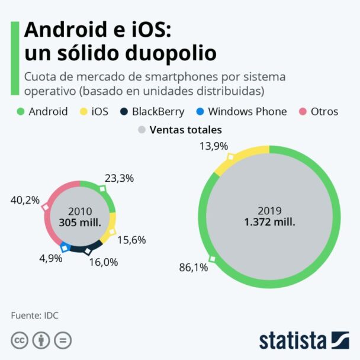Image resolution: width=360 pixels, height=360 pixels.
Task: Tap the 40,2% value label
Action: click(25, 200)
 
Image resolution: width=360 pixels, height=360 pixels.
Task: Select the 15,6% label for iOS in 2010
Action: click(131, 240)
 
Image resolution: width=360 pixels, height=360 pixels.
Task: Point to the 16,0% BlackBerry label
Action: click(104, 261)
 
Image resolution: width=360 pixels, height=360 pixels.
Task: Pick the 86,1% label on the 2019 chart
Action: click(193, 268)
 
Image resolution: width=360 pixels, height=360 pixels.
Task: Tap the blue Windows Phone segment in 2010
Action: click(65, 247)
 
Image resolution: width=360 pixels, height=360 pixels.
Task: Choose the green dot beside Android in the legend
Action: click(20, 111)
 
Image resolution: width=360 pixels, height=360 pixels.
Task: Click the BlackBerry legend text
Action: click(158, 111)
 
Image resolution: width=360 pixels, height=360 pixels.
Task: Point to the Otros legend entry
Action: click(323, 111)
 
